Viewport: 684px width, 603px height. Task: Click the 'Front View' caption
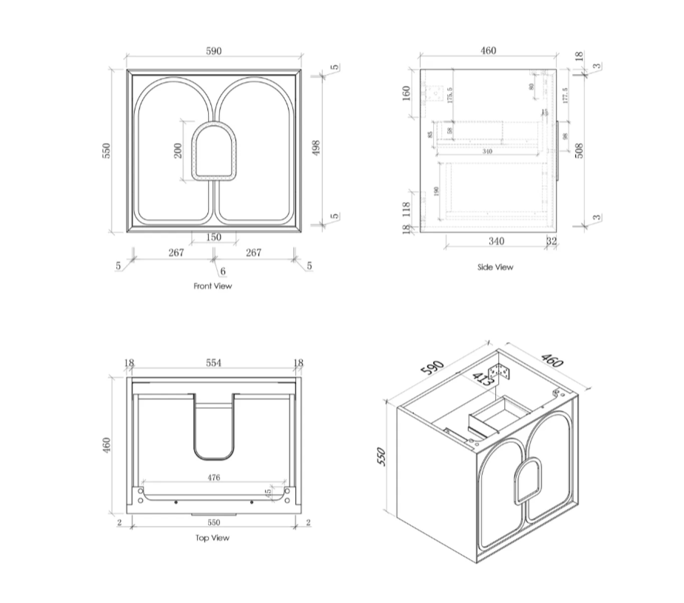213,286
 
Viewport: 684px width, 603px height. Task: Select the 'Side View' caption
494,267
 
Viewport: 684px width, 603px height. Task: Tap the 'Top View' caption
212,538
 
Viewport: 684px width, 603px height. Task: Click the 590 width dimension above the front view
213,51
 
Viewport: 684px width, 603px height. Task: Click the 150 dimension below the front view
213,237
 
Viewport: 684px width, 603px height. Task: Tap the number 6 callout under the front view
222,272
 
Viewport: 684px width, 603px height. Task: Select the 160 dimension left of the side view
406,93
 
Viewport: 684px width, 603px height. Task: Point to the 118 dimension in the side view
406,210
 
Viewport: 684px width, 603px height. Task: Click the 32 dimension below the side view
551,241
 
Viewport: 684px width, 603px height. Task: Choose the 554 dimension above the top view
213,363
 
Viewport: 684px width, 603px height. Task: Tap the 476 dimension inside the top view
213,479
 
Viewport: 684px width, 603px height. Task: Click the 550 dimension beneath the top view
213,522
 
